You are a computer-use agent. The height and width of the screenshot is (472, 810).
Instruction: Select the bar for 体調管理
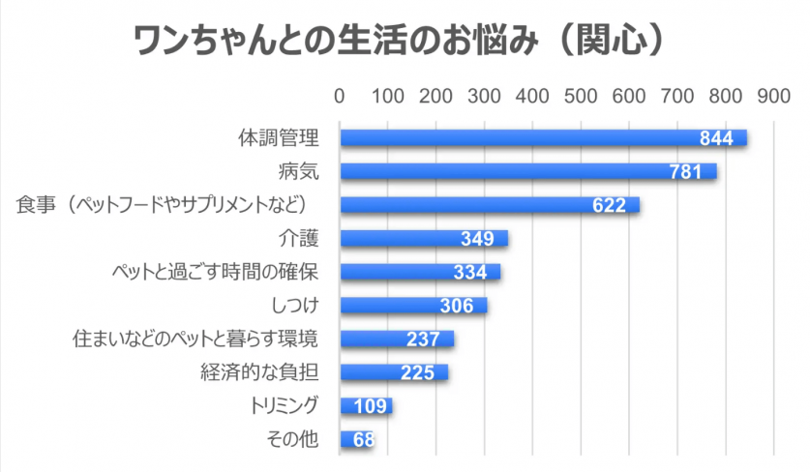click(542, 138)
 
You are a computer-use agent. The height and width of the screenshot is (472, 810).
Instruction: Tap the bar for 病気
click(527, 171)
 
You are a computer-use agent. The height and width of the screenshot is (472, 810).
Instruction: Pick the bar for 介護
click(423, 239)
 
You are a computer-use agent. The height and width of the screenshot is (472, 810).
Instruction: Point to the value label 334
click(469, 272)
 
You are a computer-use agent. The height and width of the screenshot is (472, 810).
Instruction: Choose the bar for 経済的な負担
click(393, 372)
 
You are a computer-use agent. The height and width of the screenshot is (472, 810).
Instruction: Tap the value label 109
click(372, 406)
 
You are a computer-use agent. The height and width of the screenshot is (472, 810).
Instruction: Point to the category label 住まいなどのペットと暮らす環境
click(196, 339)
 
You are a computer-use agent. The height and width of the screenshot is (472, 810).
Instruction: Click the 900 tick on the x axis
click(773, 97)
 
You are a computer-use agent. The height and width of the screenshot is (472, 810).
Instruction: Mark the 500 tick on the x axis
click(580, 97)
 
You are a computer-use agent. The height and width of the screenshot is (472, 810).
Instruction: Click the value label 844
click(716, 138)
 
